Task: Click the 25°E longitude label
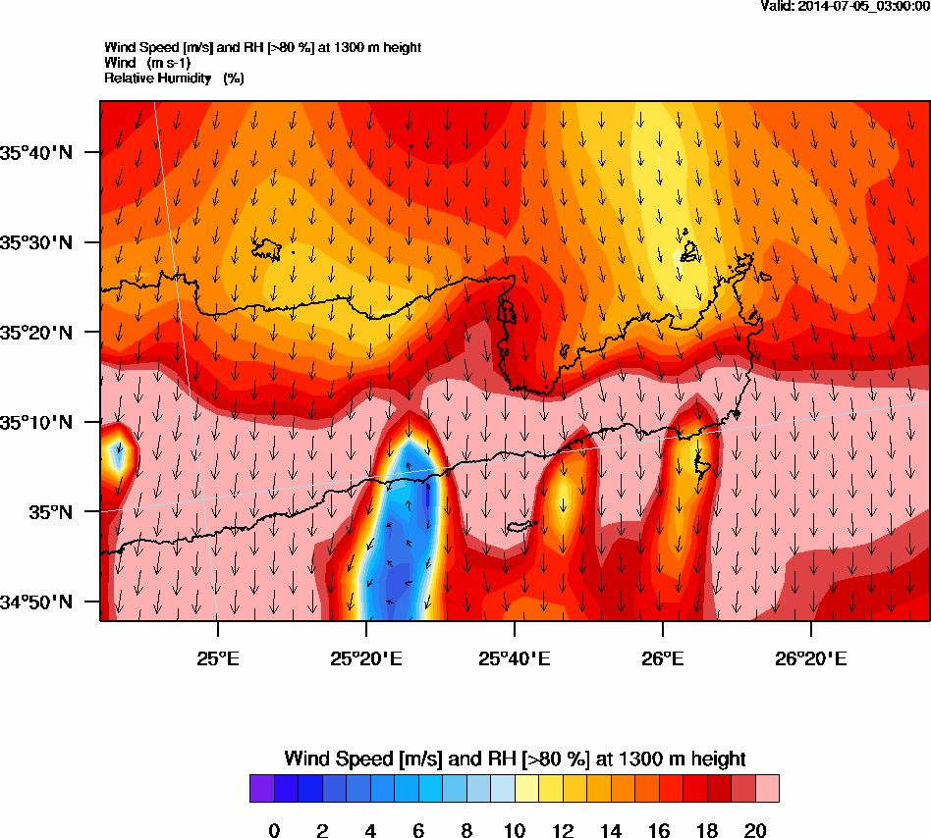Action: [217, 657]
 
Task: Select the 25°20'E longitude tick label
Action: [365, 657]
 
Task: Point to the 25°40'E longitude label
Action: [514, 657]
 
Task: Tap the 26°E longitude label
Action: [663, 657]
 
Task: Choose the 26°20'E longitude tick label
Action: [811, 657]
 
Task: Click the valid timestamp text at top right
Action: [846, 6]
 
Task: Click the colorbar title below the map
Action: [515, 759]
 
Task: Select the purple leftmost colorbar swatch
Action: [261, 788]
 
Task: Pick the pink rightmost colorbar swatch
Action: [767, 788]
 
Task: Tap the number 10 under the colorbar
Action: [515, 831]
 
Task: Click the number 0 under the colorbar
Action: [274, 831]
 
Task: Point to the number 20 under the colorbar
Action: [755, 831]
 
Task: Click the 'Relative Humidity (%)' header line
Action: [174, 78]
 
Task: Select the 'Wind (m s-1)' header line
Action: [147, 63]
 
